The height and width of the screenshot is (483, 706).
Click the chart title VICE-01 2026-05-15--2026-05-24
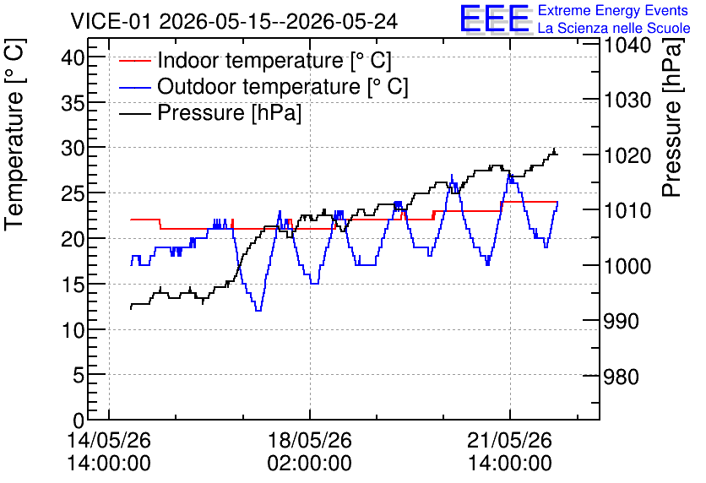click(234, 21)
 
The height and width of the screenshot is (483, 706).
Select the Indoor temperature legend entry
click(255, 60)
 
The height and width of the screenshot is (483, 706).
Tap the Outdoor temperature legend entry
click(263, 86)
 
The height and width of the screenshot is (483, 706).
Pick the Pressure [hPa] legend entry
click(210, 112)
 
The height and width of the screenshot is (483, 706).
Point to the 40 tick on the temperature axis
click(73, 57)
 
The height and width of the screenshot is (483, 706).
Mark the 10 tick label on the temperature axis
click(73, 330)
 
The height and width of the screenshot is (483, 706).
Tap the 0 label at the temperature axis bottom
click(79, 421)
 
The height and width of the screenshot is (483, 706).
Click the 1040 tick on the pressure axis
click(627, 46)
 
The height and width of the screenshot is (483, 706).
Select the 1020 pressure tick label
click(627, 155)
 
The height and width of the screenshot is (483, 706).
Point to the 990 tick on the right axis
click(621, 321)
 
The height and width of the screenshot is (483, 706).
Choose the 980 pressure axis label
click(621, 377)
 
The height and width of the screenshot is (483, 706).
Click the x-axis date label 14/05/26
click(109, 440)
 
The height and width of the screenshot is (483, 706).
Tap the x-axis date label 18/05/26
click(310, 440)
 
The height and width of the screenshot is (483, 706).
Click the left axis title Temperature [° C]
click(15, 134)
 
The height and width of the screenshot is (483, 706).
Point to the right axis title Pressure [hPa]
click(673, 117)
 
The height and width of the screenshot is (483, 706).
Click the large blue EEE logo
click(495, 19)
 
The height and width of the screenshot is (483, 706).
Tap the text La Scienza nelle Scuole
click(614, 28)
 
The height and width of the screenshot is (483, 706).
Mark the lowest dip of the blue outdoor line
click(258, 311)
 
